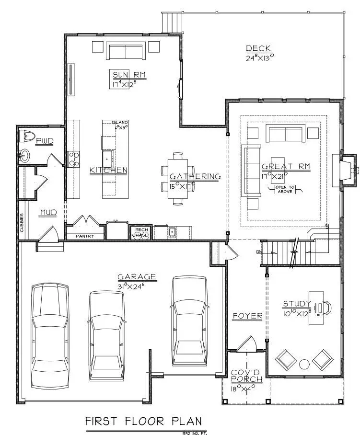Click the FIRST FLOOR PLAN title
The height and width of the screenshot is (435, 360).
[x=143, y=421]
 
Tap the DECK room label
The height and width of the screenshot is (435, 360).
[x=259, y=48]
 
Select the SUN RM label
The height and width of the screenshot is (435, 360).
[x=129, y=75]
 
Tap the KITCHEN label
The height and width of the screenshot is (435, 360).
[x=108, y=170]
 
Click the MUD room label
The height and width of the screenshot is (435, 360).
[x=48, y=212]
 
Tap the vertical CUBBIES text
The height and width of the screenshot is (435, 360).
[x=22, y=223]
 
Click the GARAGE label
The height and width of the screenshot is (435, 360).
[x=137, y=276]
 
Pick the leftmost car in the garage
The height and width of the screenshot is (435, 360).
[x=49, y=334]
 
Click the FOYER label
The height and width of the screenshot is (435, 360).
[x=247, y=316]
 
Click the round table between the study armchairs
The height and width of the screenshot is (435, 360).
[x=304, y=364]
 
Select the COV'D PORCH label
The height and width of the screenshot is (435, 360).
[x=246, y=376]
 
